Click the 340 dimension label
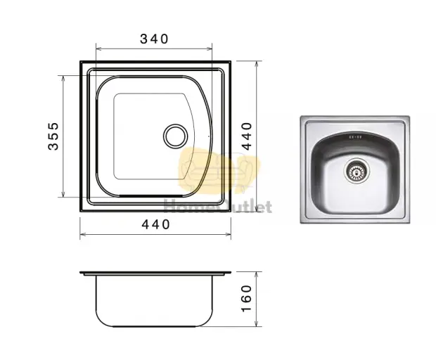pos(154,39)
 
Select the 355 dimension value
pos(53,136)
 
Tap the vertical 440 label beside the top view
pos(246,136)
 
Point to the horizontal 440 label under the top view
pos(155,224)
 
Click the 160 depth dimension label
pos(246,298)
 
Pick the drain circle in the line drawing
pos(176,136)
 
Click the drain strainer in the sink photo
pos(357,170)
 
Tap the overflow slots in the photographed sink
pos(354,137)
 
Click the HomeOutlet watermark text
pos(218,207)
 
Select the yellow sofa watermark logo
pos(219,170)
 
